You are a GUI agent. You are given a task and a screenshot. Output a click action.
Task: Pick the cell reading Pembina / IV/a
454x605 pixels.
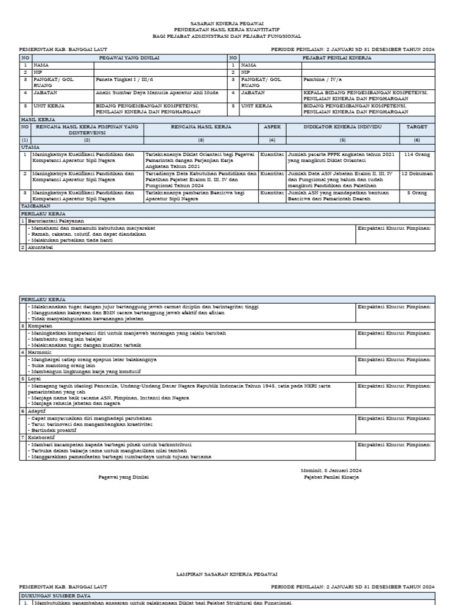pos(322,79)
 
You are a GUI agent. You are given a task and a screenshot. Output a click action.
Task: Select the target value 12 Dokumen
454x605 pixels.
pos(417,174)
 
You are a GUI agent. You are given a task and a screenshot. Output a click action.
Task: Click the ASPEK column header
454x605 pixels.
pos(272,127)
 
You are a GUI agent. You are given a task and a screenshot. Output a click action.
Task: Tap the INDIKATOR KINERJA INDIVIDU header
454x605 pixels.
pos(343,127)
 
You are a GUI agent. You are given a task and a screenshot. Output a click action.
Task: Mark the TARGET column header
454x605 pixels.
pos(417,127)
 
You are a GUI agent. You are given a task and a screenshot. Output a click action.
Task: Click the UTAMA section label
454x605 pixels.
pos(31,147)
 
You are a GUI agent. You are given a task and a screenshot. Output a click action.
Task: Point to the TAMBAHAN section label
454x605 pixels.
pos(35,206)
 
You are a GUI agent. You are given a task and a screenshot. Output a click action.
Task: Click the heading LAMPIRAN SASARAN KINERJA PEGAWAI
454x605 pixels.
pos(228,574)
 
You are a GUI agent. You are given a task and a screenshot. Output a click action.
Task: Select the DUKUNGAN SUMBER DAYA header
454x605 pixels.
pos(57,596)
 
